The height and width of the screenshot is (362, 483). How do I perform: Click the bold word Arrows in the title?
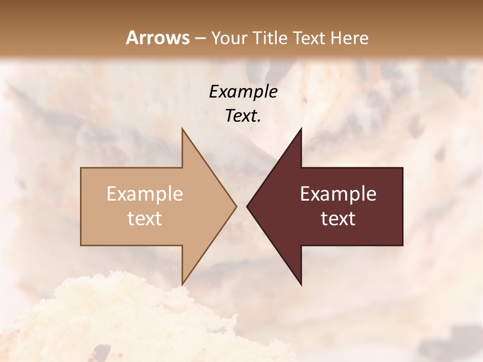tap(157, 38)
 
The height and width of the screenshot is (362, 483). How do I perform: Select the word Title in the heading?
tap(270, 38)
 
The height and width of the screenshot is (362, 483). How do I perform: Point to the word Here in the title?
tap(351, 38)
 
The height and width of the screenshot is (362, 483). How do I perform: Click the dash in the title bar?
tap(200, 38)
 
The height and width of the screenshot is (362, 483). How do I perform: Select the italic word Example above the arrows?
tap(243, 92)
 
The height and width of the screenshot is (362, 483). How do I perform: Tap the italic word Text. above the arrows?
tap(243, 116)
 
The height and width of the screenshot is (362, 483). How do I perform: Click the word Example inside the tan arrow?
tap(145, 194)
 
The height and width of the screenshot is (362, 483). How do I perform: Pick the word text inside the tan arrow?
tap(145, 219)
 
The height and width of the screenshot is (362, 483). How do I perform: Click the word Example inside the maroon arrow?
tap(338, 194)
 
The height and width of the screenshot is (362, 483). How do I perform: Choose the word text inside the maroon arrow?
tap(338, 219)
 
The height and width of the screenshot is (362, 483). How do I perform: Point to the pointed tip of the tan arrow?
tap(236, 206)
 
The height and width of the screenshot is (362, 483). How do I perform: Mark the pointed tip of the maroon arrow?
tap(247, 206)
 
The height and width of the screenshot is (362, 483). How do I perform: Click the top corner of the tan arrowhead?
tap(182, 129)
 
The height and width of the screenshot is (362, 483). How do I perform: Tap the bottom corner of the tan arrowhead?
tap(182, 285)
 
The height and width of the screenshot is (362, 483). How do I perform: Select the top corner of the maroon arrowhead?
tap(301, 129)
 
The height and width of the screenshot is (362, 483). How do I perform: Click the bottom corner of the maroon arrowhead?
tap(301, 285)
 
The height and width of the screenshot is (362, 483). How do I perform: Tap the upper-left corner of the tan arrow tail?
tap(81, 168)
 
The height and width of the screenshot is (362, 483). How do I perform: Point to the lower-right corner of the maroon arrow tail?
tap(403, 245)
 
